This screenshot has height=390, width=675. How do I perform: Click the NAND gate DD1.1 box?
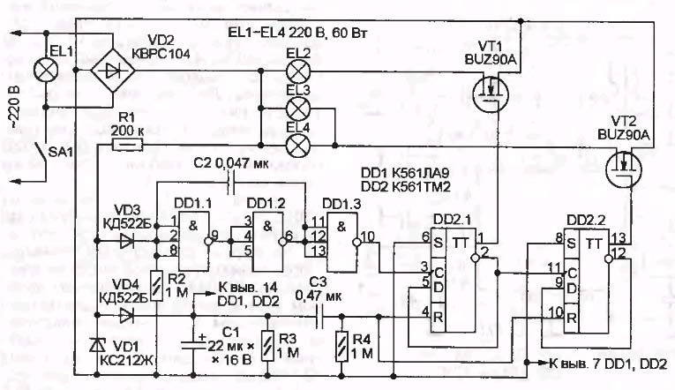click(196, 237)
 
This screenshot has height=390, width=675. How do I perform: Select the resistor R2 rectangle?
click(156, 285)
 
